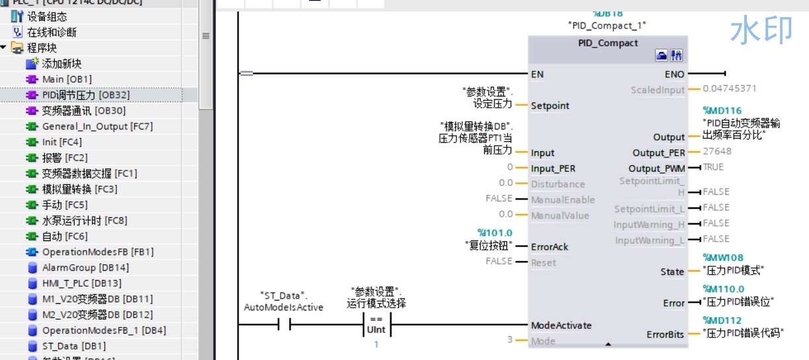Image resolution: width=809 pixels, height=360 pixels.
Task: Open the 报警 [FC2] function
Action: (65, 158)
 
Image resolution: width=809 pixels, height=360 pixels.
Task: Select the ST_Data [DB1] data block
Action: (69, 346)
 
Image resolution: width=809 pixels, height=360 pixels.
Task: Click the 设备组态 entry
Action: (46, 16)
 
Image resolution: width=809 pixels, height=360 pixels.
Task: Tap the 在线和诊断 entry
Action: (52, 32)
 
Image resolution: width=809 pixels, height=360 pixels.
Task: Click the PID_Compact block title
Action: (608, 43)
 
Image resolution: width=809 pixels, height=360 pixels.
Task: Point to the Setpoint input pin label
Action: (550, 106)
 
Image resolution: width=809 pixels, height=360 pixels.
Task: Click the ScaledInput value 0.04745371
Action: (730, 88)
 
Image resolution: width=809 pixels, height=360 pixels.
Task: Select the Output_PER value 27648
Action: (717, 151)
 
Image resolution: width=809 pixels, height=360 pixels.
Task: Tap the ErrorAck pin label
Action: (549, 247)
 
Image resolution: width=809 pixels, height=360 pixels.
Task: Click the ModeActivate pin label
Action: (561, 326)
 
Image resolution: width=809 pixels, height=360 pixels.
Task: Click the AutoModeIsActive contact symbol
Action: (284, 326)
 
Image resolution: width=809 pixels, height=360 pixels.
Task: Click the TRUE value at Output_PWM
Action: (713, 167)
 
